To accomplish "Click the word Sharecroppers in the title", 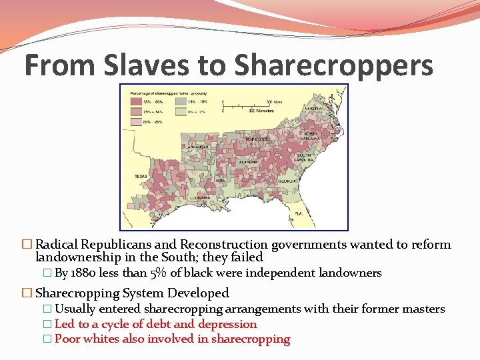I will coord(334,65).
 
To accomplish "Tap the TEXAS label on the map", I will coord(141,176).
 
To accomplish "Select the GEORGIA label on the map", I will coord(287,181).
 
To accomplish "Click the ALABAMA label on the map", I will coord(250,161).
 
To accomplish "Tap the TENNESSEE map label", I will coord(256,138).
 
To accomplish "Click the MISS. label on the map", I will coord(219,180).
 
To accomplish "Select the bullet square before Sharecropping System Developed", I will coord(27,293).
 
